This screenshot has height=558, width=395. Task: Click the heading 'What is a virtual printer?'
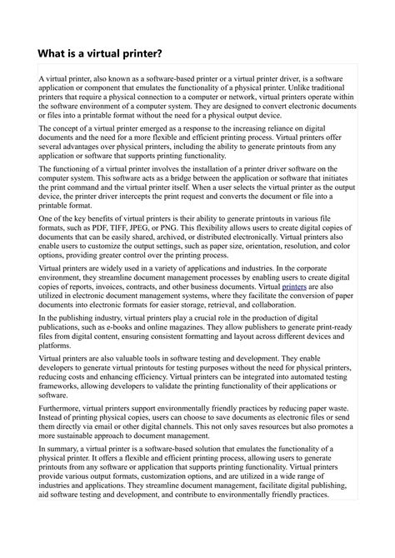[x=99, y=53]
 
